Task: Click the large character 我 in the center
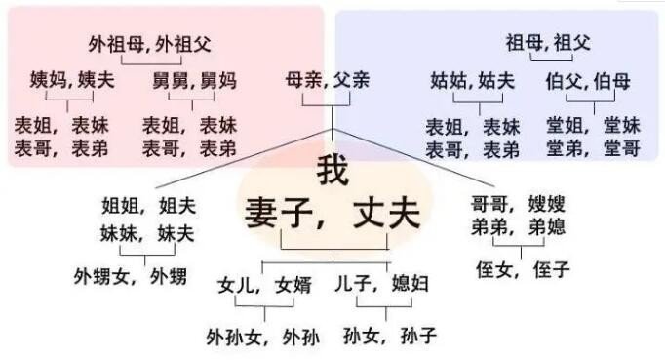point(332,172)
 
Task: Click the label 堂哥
point(620,147)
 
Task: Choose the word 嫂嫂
point(546,204)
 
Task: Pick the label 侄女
point(495,270)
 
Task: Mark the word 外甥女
point(101,276)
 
